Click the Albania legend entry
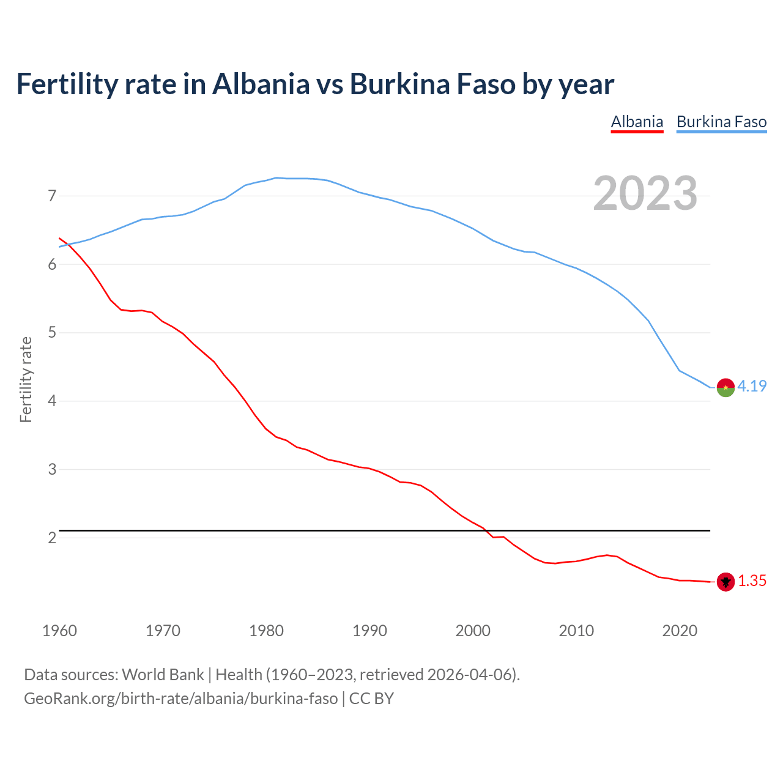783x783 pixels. [637, 122]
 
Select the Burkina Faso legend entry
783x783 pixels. [721, 122]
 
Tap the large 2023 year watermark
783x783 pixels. [645, 193]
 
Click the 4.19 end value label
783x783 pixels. [752, 386]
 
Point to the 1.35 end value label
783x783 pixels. [752, 581]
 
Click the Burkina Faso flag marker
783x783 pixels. [725, 387]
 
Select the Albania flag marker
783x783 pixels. [725, 582]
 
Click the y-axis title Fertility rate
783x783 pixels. [26, 379]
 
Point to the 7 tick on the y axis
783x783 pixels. [52, 196]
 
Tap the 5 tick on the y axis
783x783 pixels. [52, 333]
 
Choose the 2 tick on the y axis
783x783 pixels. [52, 538]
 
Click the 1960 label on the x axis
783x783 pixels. [59, 631]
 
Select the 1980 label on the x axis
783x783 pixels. [266, 631]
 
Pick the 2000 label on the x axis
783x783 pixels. [473, 631]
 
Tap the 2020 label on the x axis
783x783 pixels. [680, 631]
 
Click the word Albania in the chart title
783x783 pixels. [261, 84]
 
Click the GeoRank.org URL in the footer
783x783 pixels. [180, 698]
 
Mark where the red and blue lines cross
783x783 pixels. [69, 244]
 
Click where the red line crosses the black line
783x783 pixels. [488, 530]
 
